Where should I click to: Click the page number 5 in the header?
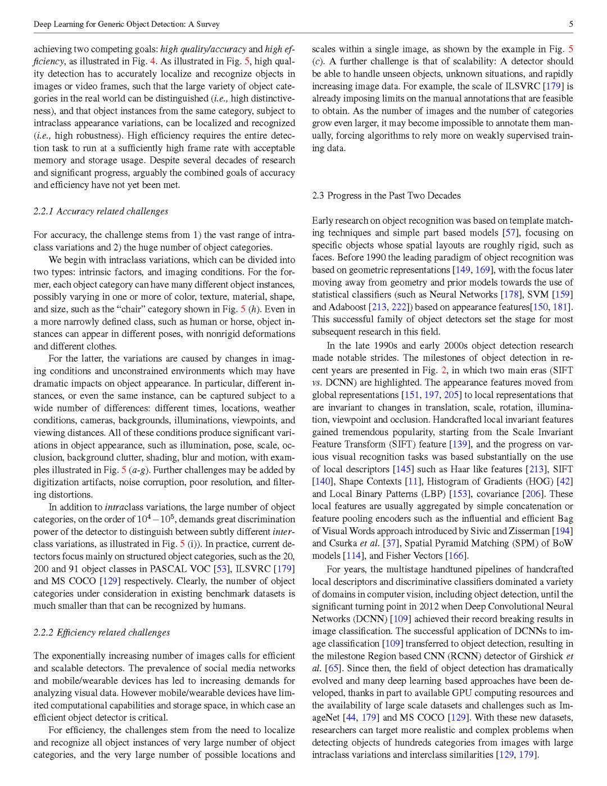pos(570,24)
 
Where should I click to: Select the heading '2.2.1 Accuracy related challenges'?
pos(101,211)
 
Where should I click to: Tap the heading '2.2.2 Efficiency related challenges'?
pos(102,633)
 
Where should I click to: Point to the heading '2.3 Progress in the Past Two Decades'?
pos(386,196)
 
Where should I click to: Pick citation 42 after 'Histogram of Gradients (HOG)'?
pos(564,481)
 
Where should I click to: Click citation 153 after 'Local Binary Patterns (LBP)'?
pos(459,494)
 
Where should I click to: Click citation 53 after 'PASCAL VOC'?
pos(221,569)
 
